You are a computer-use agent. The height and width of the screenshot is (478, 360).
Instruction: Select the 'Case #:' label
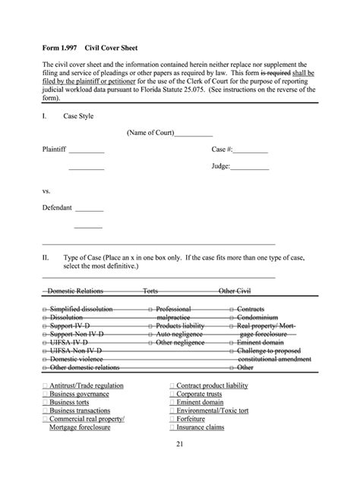(x=222, y=149)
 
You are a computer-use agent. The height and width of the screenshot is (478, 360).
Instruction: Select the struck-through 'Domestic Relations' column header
(x=75, y=291)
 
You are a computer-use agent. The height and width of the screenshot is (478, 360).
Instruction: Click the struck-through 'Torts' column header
(x=150, y=291)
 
